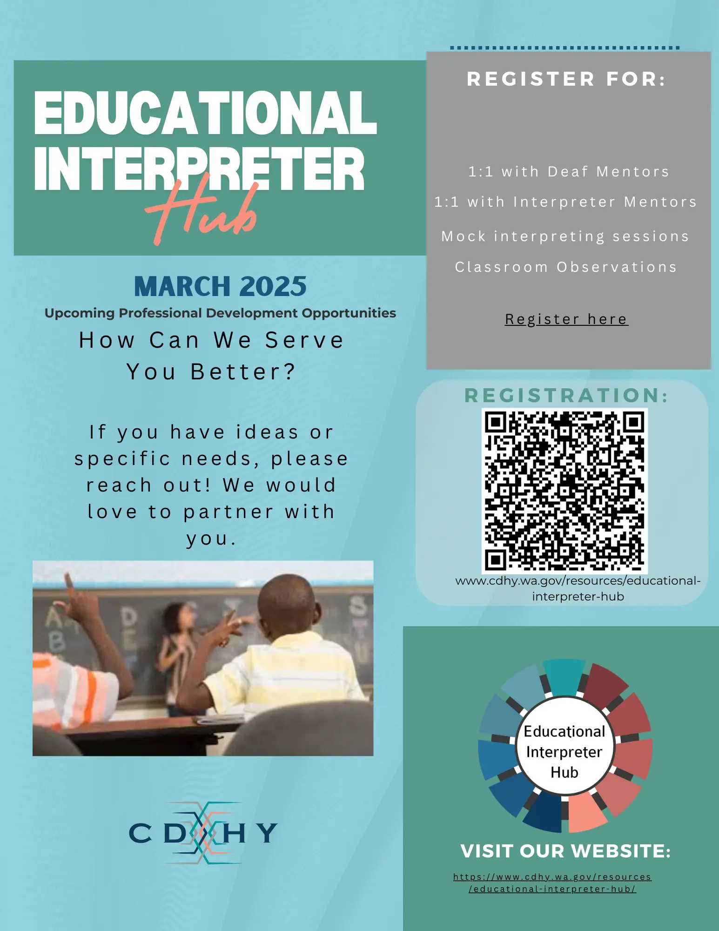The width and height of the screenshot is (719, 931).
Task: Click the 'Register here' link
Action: [566, 319]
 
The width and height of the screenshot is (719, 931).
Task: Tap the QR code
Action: [564, 491]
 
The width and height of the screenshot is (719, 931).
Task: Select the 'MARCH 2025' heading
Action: [220, 286]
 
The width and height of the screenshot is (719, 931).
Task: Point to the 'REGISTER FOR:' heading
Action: [566, 79]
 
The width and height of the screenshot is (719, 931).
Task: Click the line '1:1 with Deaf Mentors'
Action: [569, 172]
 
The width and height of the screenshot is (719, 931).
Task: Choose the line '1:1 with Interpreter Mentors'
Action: [565, 202]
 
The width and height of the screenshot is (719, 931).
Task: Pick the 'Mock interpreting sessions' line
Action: [565, 236]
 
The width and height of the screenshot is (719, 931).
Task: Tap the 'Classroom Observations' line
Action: [566, 267]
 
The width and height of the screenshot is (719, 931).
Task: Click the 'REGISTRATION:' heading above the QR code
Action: [566, 396]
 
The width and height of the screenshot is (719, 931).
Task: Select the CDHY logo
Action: [203, 833]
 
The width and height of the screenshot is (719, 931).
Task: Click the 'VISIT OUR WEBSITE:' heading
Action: [565, 851]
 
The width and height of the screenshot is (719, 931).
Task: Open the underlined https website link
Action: [552, 883]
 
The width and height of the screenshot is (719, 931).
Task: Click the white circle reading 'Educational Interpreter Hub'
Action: [564, 751]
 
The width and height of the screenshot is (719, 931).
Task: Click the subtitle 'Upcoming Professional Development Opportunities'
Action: [220, 313]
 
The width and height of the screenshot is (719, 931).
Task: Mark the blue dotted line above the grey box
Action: [564, 48]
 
